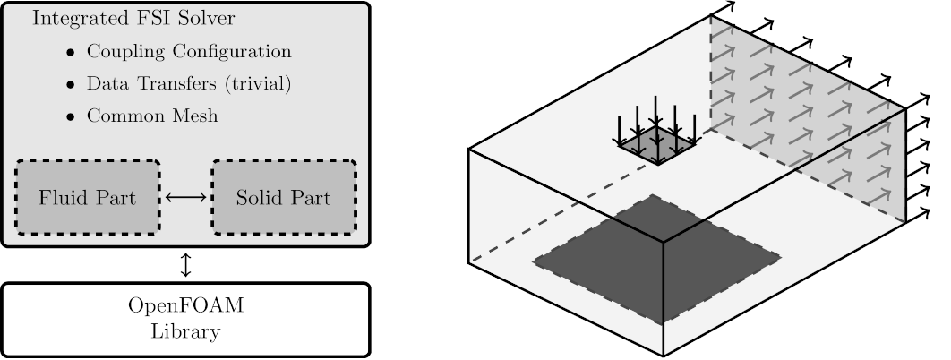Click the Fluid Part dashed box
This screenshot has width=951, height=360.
[x=87, y=197]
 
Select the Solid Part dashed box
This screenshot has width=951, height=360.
[x=283, y=197]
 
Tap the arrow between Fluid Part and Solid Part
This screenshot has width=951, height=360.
[x=185, y=197]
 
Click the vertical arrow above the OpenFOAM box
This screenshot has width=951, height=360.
[x=185, y=265]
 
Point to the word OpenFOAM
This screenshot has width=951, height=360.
[x=185, y=307]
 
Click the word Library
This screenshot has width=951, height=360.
[x=185, y=332]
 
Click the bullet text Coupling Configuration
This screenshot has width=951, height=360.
[x=189, y=51]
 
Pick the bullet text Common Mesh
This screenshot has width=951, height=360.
[x=152, y=116]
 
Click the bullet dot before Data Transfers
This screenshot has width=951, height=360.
[x=70, y=84]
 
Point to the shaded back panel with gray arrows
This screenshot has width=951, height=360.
[x=806, y=116]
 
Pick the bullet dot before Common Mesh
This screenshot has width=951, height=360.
[x=70, y=116]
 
